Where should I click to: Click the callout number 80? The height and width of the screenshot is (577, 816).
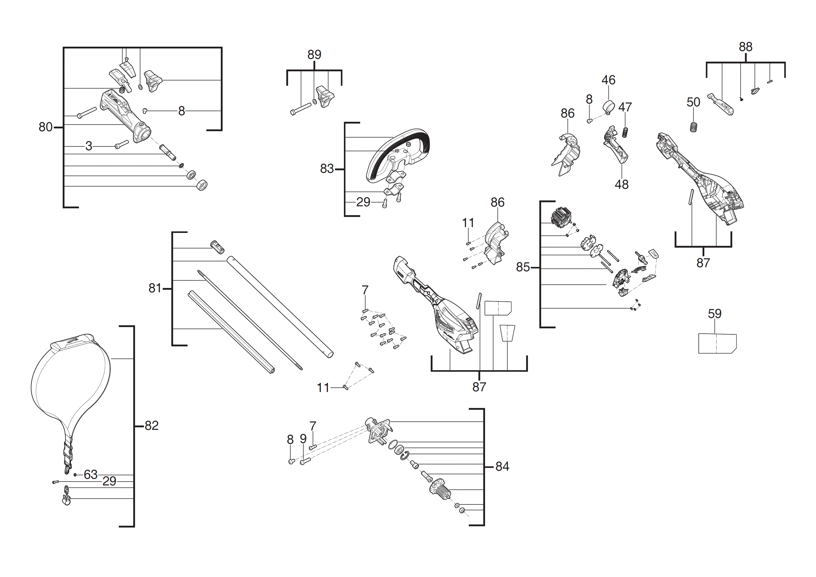coord(45,127)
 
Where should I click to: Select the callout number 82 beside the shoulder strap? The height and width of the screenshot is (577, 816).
coord(152,426)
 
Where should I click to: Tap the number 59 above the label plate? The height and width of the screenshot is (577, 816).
coord(714,314)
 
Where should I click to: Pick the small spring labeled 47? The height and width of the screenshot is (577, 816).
coord(625,132)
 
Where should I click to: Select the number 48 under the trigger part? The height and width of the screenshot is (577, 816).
coord(621,184)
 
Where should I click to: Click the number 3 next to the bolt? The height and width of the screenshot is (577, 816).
coord(89,146)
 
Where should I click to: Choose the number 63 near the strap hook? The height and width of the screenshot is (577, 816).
coord(91,475)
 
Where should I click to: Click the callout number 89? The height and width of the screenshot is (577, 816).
coord(314,55)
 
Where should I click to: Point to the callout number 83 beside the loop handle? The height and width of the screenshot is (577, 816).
coord(327,169)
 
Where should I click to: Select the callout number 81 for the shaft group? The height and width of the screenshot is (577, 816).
coord(155,288)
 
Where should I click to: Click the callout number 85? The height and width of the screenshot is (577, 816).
coord(523,267)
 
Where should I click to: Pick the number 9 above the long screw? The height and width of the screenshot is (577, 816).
coord(303,439)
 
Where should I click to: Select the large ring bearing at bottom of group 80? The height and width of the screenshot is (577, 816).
coord(202,185)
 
